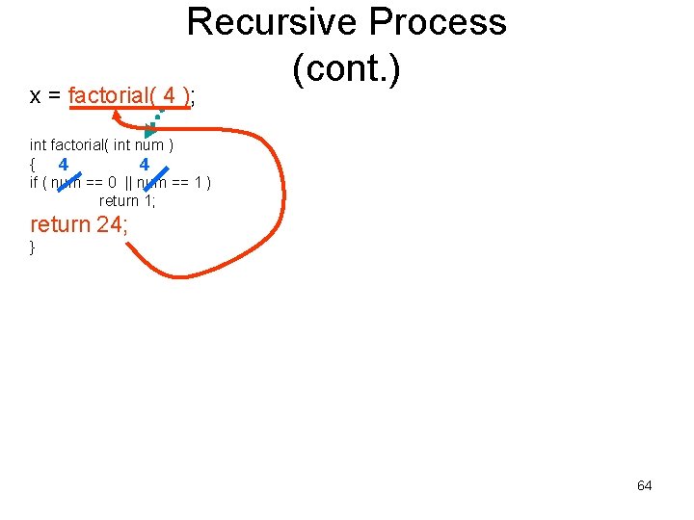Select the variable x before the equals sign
35,96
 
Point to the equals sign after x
54,96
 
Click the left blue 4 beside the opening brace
63,165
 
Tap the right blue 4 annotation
144,165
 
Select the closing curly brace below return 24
33,247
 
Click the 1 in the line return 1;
147,200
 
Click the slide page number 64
644,485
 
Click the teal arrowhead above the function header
150,130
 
